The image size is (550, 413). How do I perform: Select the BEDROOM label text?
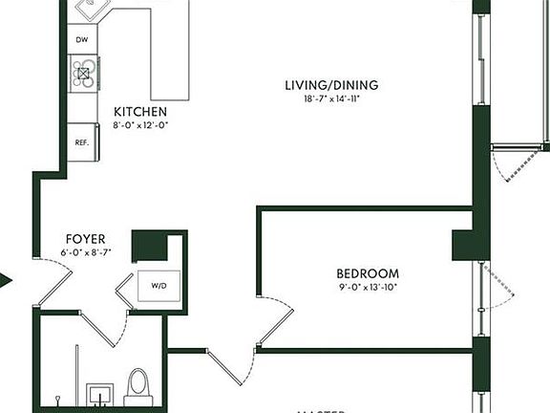click(x=368, y=273)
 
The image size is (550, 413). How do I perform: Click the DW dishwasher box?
click(x=82, y=40)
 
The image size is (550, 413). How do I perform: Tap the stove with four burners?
click(x=83, y=73)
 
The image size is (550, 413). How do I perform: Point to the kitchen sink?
click(x=92, y=10)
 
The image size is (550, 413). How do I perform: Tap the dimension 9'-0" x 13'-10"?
click(x=368, y=286)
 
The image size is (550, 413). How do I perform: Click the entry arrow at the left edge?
click(x=6, y=281)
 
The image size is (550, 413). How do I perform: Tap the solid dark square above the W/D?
click(x=149, y=246)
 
